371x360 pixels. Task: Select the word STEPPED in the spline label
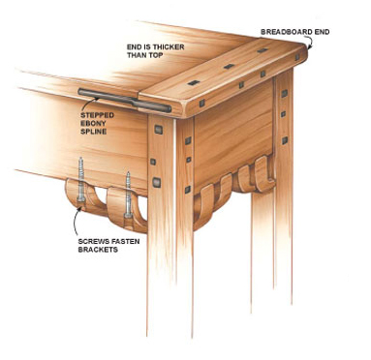(x=97, y=115)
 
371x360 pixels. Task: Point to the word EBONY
(x=92, y=123)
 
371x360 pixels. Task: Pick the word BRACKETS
(x=98, y=250)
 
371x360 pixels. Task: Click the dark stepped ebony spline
(x=125, y=101)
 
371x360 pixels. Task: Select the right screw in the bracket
(x=128, y=195)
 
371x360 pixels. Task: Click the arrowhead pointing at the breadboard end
(x=309, y=47)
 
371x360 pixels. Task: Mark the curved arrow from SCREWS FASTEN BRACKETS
(x=76, y=222)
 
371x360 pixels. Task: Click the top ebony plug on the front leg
(x=158, y=130)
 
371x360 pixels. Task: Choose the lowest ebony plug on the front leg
(x=157, y=183)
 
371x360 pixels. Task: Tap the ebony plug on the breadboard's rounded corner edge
(x=201, y=104)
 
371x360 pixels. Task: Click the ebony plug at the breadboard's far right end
(x=297, y=57)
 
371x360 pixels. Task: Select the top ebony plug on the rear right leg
(x=284, y=94)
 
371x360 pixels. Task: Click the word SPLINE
(x=93, y=132)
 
